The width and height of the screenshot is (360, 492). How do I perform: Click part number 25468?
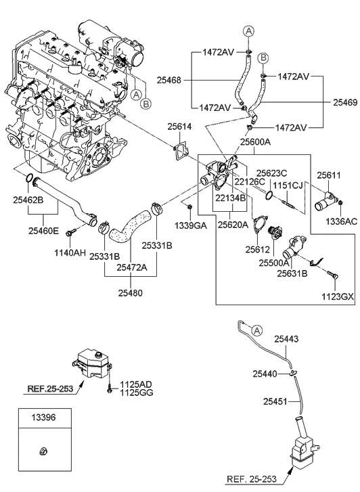click(168, 79)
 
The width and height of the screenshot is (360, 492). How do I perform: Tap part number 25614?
click(179, 127)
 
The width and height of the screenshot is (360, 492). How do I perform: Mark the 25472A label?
click(131, 267)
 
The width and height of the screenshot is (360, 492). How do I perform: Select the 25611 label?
click(329, 175)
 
